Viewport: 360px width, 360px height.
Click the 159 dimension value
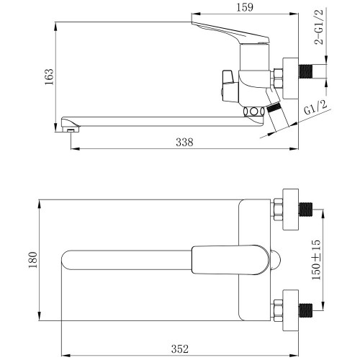(245, 7)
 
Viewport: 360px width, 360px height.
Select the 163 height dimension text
(49, 76)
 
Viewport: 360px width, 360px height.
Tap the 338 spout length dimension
(184, 142)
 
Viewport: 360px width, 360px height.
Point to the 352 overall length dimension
(180, 349)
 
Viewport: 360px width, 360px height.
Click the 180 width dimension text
(33, 260)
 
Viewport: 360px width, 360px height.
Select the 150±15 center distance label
(316, 259)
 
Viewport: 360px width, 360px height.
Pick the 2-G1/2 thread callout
(319, 27)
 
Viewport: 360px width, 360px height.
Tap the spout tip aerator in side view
(71, 130)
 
